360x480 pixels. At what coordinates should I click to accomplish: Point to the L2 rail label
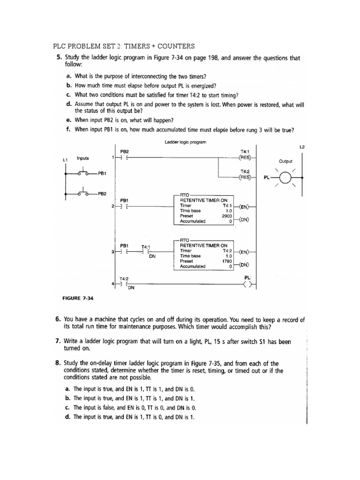tap(302, 147)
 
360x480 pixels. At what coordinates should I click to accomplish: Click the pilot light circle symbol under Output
tap(285, 178)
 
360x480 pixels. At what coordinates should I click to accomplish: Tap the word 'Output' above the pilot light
tap(285, 161)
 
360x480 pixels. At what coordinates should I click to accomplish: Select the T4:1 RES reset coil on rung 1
tap(244, 157)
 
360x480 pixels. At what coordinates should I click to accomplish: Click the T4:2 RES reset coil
tap(244, 178)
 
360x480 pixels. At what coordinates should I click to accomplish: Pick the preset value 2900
tap(227, 216)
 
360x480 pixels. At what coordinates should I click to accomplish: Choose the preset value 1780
tap(227, 261)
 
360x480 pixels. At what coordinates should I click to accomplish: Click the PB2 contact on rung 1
tap(124, 157)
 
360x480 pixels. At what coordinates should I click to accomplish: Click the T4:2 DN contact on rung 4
tap(124, 284)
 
